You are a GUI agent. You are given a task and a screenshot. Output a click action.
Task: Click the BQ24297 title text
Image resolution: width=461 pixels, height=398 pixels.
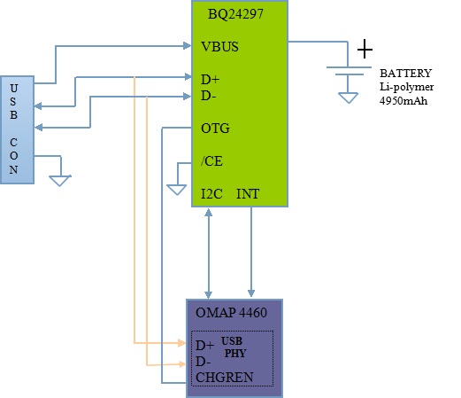click(235, 14)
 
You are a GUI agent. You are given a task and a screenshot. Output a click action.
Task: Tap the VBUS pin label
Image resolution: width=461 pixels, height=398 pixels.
click(219, 47)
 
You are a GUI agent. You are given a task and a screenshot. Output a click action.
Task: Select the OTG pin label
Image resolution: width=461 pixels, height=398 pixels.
click(215, 129)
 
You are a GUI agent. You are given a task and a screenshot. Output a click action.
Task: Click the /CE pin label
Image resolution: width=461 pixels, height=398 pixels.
click(211, 161)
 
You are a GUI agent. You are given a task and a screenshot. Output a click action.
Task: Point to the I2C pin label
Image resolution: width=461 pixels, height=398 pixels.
click(211, 194)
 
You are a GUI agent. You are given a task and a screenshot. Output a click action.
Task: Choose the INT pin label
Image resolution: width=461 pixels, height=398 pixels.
click(248, 194)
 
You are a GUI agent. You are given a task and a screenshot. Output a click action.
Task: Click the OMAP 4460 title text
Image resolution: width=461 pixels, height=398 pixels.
click(231, 313)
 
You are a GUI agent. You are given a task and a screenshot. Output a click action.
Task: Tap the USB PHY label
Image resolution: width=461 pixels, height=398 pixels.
click(233, 347)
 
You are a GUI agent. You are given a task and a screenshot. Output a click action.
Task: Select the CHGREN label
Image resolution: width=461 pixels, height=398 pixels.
click(225, 378)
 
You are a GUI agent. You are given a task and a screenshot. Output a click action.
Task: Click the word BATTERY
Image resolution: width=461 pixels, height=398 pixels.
click(405, 74)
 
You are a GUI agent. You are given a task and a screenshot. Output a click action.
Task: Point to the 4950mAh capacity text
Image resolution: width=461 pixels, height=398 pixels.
click(403, 101)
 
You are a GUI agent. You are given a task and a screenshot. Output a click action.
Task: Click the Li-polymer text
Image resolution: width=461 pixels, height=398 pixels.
click(406, 87)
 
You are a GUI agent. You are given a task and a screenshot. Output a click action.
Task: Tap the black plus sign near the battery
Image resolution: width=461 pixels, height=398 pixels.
click(365, 49)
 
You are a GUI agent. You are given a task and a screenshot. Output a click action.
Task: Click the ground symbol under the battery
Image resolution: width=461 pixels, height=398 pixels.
click(349, 98)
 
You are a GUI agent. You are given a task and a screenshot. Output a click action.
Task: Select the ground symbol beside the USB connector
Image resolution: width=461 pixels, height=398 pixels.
click(60, 181)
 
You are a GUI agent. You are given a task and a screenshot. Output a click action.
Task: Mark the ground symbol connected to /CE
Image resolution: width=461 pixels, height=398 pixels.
click(177, 190)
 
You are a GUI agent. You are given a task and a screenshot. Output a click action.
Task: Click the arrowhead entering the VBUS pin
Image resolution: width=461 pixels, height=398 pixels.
click(188, 46)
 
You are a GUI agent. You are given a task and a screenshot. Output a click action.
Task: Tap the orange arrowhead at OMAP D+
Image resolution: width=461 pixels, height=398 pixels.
click(181, 343)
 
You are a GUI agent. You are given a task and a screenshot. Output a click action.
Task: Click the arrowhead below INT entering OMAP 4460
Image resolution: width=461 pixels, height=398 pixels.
click(251, 293)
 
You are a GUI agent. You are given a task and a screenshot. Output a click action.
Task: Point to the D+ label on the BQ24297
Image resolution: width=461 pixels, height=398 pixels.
click(210, 80)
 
